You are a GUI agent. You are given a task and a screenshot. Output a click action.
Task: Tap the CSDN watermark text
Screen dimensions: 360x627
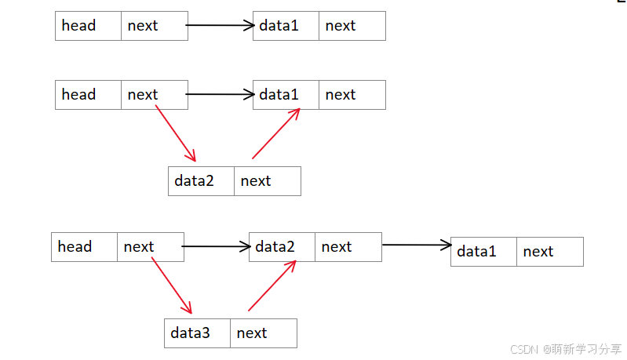566,349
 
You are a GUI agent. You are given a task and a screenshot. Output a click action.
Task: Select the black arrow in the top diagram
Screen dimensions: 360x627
220,26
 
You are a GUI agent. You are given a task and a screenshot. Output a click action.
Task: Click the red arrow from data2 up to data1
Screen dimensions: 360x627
276,133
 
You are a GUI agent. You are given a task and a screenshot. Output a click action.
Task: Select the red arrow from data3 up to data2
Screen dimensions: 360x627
272,285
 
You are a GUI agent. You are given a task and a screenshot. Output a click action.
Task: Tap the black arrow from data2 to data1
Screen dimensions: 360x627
416,245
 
